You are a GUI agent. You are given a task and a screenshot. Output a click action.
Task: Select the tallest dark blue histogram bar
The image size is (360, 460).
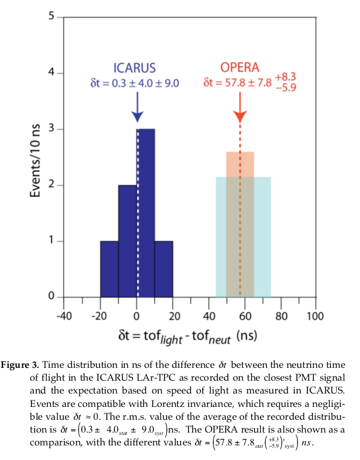146,213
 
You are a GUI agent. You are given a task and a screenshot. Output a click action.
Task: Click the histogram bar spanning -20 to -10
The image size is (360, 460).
109,269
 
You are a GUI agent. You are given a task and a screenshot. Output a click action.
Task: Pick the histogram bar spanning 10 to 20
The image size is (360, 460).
164,269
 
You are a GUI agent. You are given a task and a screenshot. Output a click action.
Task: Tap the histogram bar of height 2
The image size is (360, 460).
128,241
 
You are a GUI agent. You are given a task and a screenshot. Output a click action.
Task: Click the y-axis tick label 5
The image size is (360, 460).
51,16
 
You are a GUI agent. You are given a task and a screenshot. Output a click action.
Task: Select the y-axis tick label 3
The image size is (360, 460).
51,129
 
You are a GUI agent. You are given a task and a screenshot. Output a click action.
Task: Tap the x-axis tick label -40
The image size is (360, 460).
63,317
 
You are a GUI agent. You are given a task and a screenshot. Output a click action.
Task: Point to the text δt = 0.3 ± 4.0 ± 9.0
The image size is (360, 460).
135,83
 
